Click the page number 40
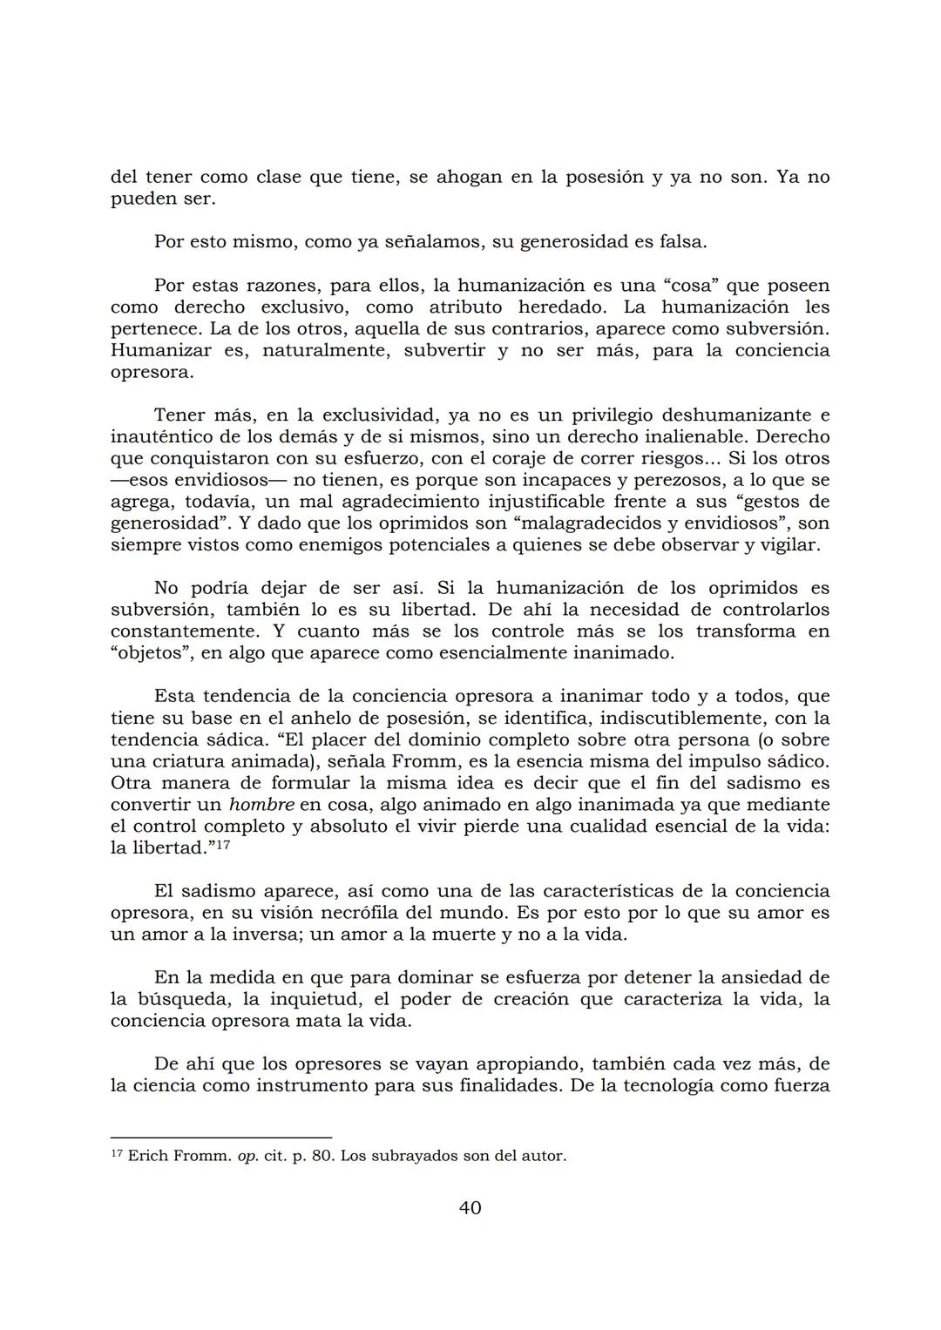click(x=470, y=1207)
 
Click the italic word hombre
click(x=261, y=805)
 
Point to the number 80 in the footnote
click(x=322, y=1157)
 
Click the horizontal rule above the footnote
click(x=221, y=1137)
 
